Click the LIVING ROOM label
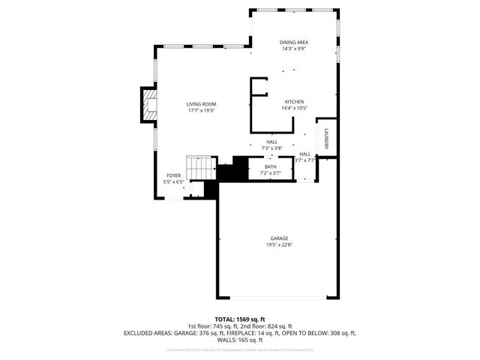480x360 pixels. coord(201,103)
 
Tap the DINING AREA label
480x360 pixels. coord(295,43)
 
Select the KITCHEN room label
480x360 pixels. coord(293,101)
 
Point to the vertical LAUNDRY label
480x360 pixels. coord(327,139)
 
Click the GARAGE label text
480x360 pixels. coord(280,238)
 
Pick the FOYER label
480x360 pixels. coord(173,175)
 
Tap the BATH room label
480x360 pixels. coord(270,166)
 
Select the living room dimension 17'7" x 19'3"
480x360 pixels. coord(201,110)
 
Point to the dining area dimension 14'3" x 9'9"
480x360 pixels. coord(295,49)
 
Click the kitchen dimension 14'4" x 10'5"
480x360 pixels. coord(293,108)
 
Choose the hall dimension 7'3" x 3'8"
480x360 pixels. coord(271,148)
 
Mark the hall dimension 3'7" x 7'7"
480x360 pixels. coord(304,160)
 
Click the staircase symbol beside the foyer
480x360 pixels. coord(200,169)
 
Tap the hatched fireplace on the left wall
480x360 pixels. coord(148,106)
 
